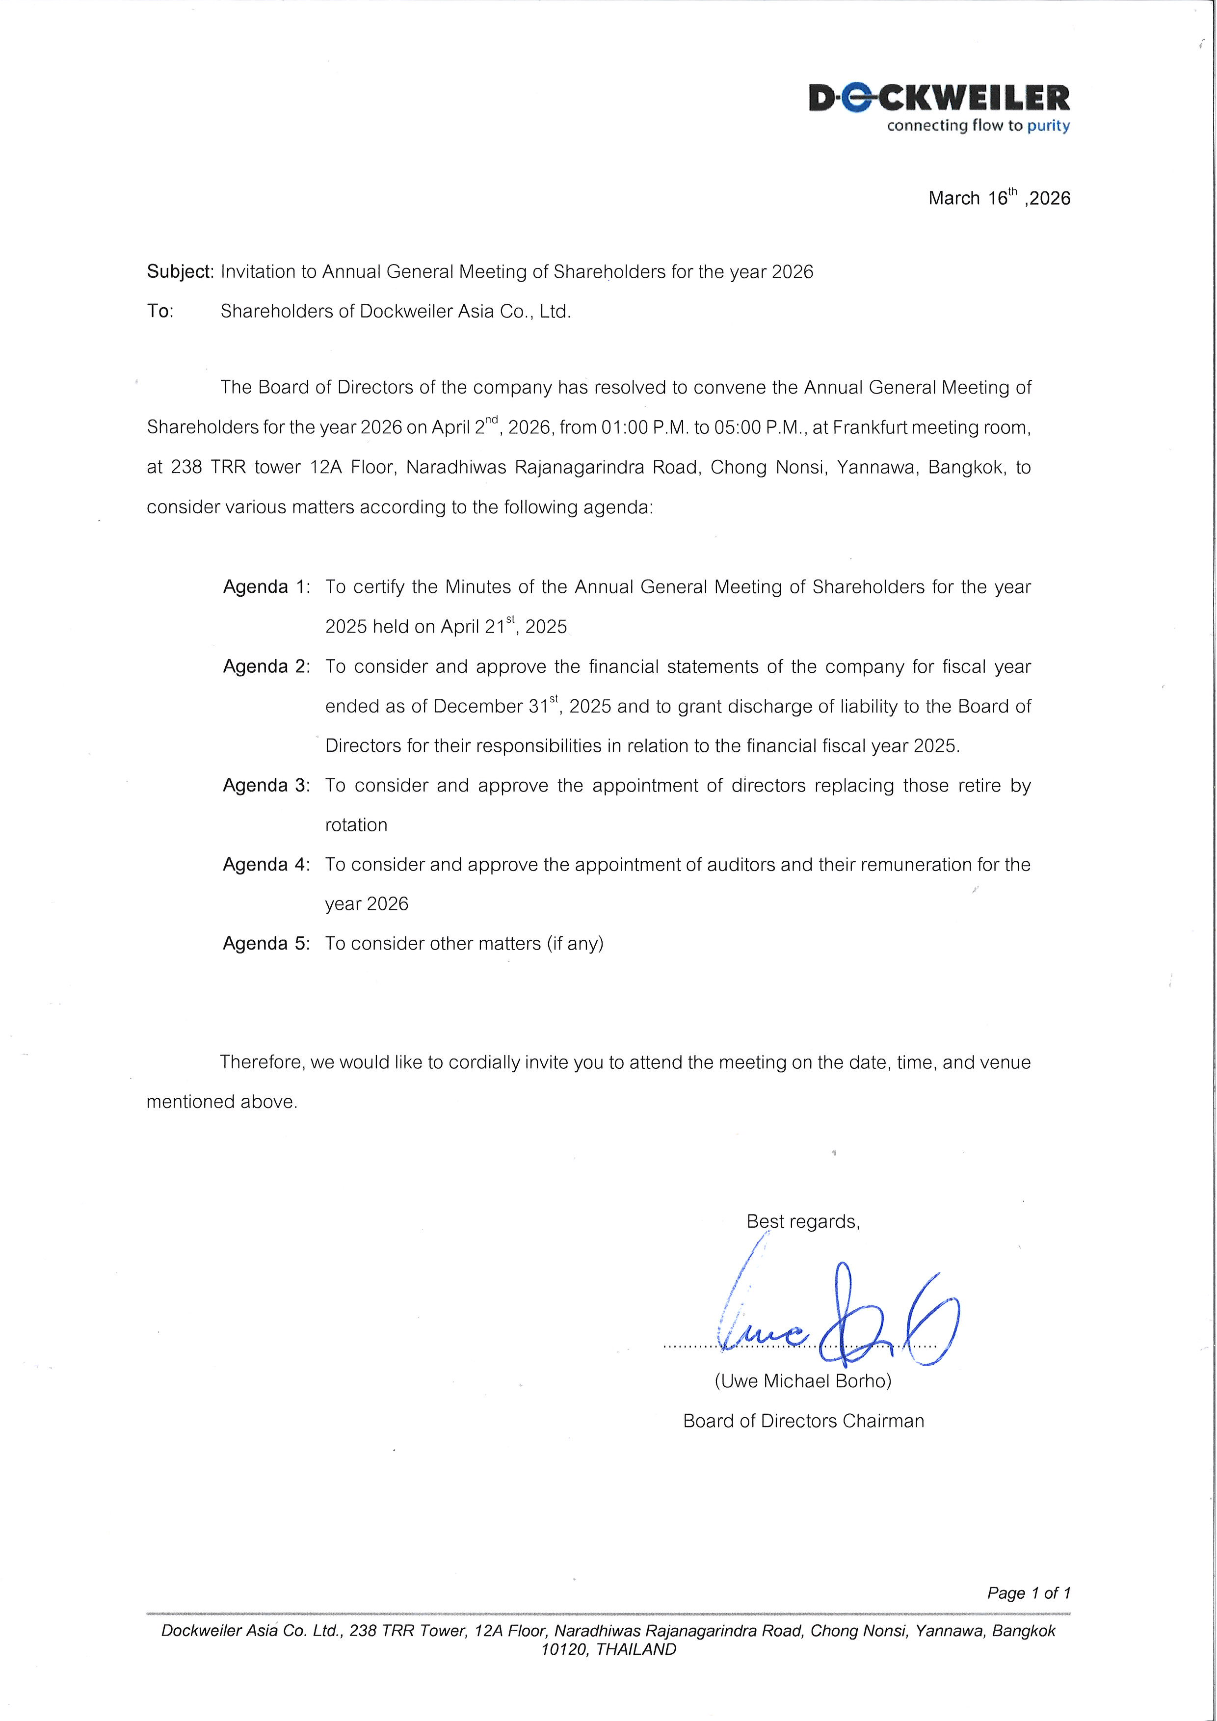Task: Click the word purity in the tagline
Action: pyautogui.click(x=1048, y=126)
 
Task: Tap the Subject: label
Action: pyautogui.click(x=180, y=271)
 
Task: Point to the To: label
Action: pyautogui.click(x=159, y=311)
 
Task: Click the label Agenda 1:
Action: pyautogui.click(x=266, y=587)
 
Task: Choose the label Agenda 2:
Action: pyautogui.click(x=266, y=666)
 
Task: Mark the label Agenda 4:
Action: pyautogui.click(x=266, y=864)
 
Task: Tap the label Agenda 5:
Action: pyautogui.click(x=266, y=943)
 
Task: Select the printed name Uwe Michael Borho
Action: pyautogui.click(x=803, y=1381)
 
